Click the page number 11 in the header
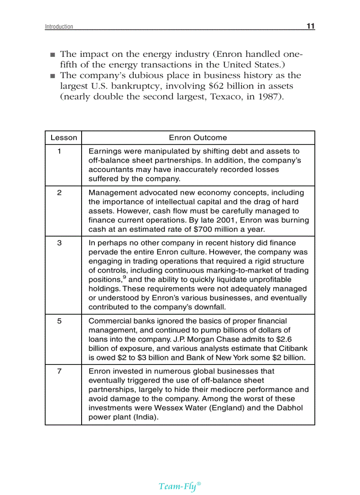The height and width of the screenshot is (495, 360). point(311,26)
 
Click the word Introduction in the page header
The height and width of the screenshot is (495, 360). point(59,27)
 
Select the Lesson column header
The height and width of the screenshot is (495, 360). point(64,138)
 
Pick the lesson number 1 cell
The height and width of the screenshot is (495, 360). point(59,151)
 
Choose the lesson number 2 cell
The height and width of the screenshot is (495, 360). point(59,193)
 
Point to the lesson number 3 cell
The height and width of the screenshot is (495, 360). point(59,243)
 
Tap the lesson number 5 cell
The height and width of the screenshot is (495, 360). point(59,321)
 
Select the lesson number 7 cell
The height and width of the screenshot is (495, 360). point(59,371)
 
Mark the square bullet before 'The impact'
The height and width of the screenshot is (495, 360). point(52,55)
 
